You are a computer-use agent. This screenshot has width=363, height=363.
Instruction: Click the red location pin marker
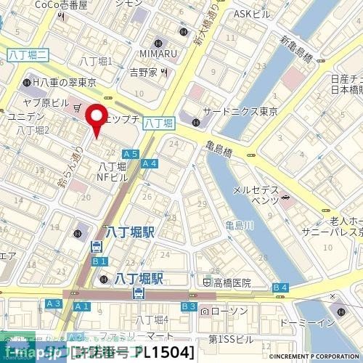coord(95,119)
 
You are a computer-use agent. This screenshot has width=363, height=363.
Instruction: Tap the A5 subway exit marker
coord(130,154)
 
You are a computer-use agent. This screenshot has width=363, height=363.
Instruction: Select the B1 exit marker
coord(99,261)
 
